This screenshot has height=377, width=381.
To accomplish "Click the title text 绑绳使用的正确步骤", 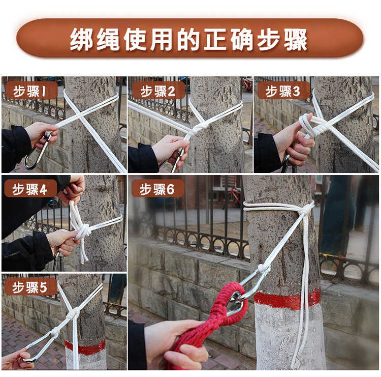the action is [x=188, y=40].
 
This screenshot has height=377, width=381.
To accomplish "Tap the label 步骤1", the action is [x=29, y=92].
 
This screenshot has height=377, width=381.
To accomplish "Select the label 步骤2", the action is [x=157, y=92].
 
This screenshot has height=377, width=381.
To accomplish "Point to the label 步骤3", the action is [x=282, y=92].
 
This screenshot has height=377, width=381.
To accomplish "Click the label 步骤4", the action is [x=29, y=189].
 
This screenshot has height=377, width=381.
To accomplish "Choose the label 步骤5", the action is [x=29, y=287].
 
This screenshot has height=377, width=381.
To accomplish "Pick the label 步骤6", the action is [x=157, y=189].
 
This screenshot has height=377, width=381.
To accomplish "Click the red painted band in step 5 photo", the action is [x=85, y=347].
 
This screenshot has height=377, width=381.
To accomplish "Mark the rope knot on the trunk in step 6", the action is [x=306, y=209].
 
